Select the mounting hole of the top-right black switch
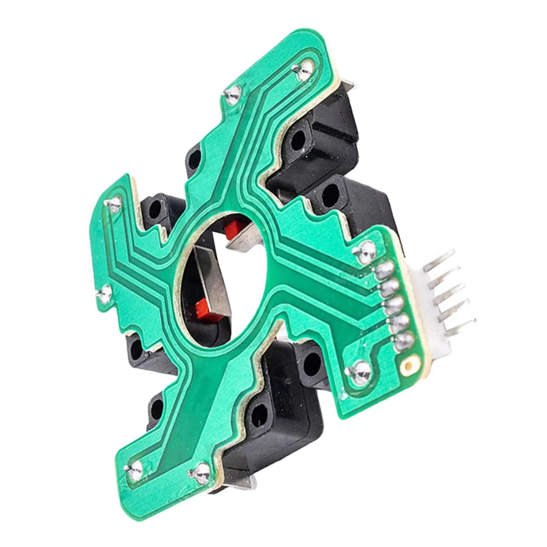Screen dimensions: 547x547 (x=299, y=141)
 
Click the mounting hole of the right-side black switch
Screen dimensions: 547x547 (x=330, y=193)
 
